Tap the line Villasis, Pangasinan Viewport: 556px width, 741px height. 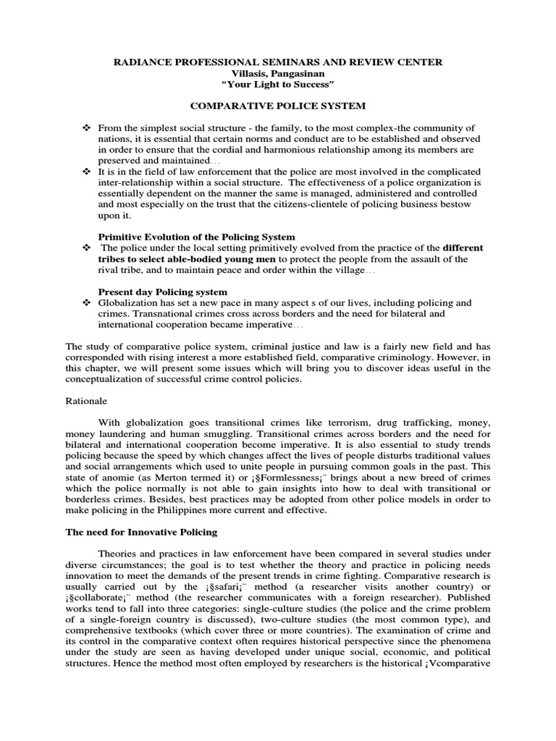pyautogui.click(x=278, y=74)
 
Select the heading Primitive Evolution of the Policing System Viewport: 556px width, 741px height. pyautogui.click(x=196, y=237)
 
